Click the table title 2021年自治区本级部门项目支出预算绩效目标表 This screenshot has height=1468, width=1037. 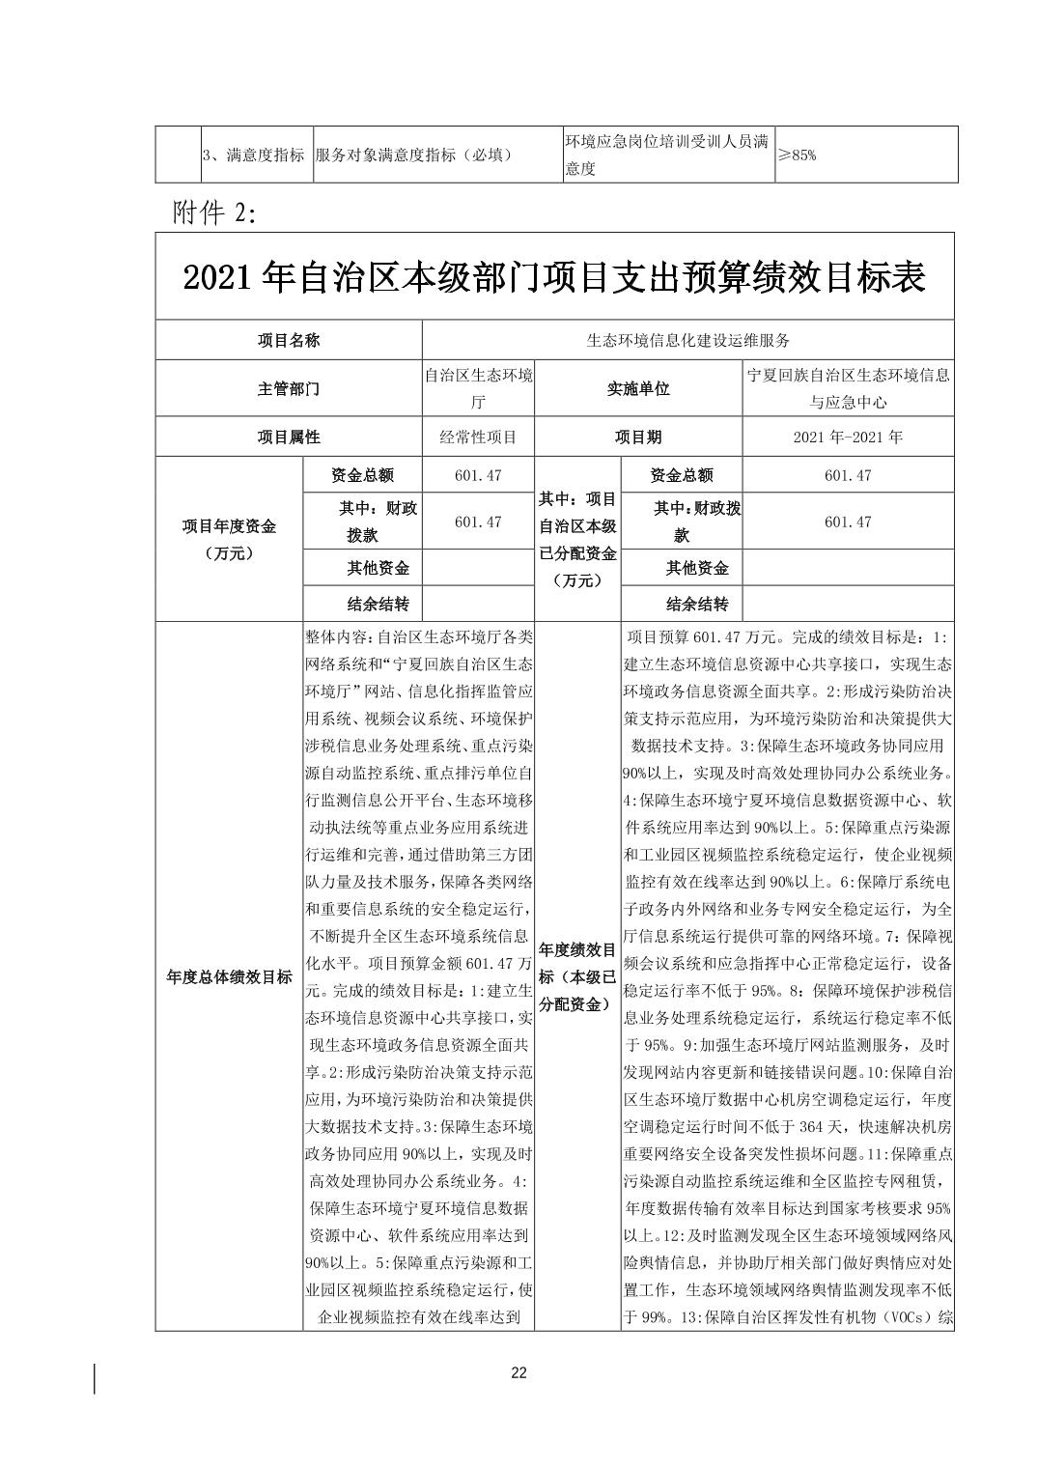(x=554, y=278)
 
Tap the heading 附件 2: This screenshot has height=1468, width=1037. (x=214, y=213)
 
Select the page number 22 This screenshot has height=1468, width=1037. (x=518, y=1373)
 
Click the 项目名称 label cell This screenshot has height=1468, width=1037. (x=289, y=340)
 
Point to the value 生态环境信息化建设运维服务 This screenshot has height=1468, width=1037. (x=687, y=340)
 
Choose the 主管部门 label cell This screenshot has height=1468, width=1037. (x=289, y=389)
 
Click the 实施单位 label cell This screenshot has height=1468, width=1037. (x=637, y=389)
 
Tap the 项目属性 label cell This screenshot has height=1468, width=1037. (x=289, y=437)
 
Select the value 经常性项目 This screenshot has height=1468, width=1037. (x=478, y=437)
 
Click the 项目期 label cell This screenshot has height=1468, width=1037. (x=637, y=437)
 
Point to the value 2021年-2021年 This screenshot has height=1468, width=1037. (x=848, y=437)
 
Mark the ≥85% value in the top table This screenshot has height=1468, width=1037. (x=798, y=155)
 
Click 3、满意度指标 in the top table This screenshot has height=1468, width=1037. (x=254, y=155)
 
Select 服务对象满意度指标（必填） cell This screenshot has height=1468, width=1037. (x=412, y=155)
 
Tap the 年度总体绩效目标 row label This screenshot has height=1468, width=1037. (x=229, y=976)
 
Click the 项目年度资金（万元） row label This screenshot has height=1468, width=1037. (x=229, y=539)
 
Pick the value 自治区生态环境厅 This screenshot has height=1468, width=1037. (x=478, y=388)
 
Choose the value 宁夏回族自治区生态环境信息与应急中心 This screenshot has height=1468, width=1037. (x=848, y=388)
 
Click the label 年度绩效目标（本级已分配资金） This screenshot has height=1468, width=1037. (x=577, y=976)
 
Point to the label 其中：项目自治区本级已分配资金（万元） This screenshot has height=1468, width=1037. (x=577, y=539)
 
